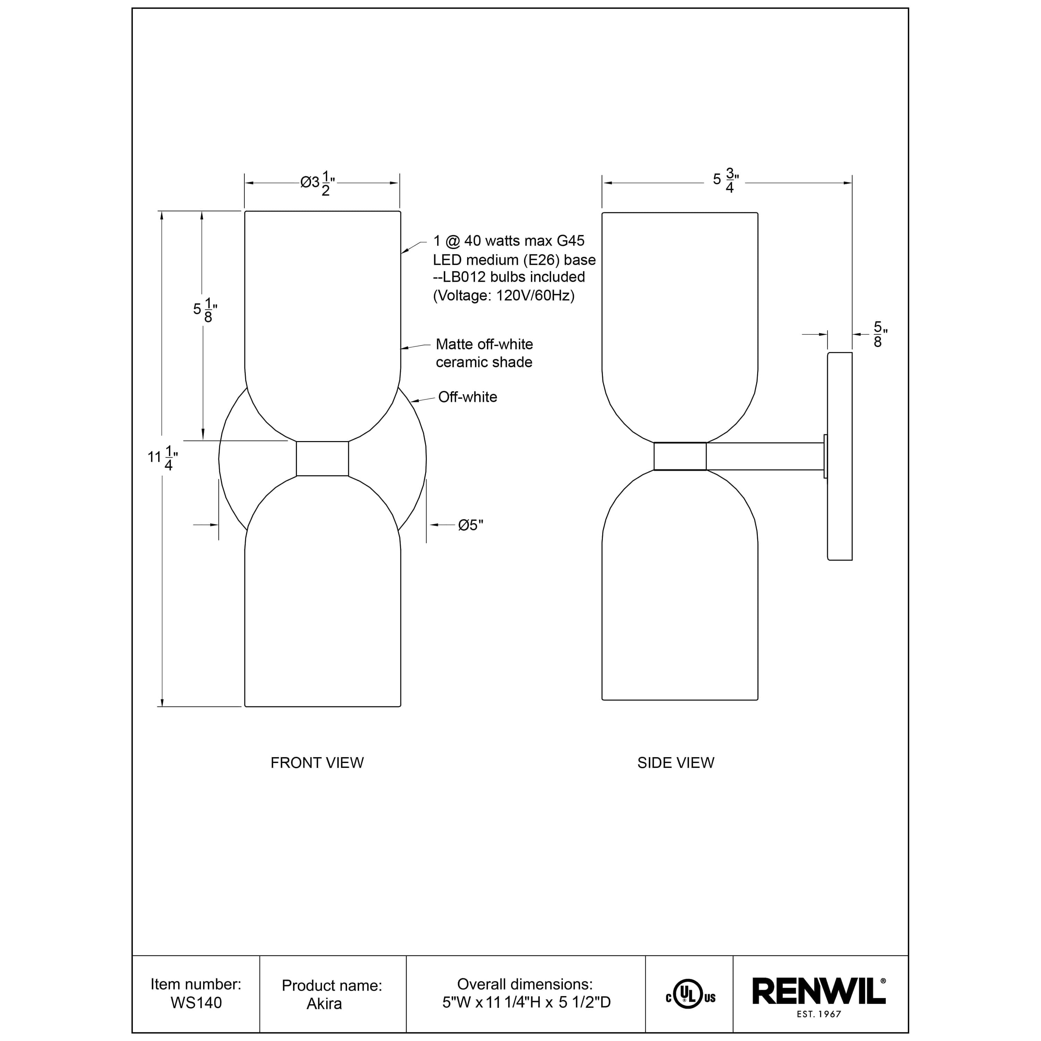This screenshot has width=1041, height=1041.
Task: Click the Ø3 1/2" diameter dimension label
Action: tap(318, 183)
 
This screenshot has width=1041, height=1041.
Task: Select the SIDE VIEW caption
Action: tap(676, 762)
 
